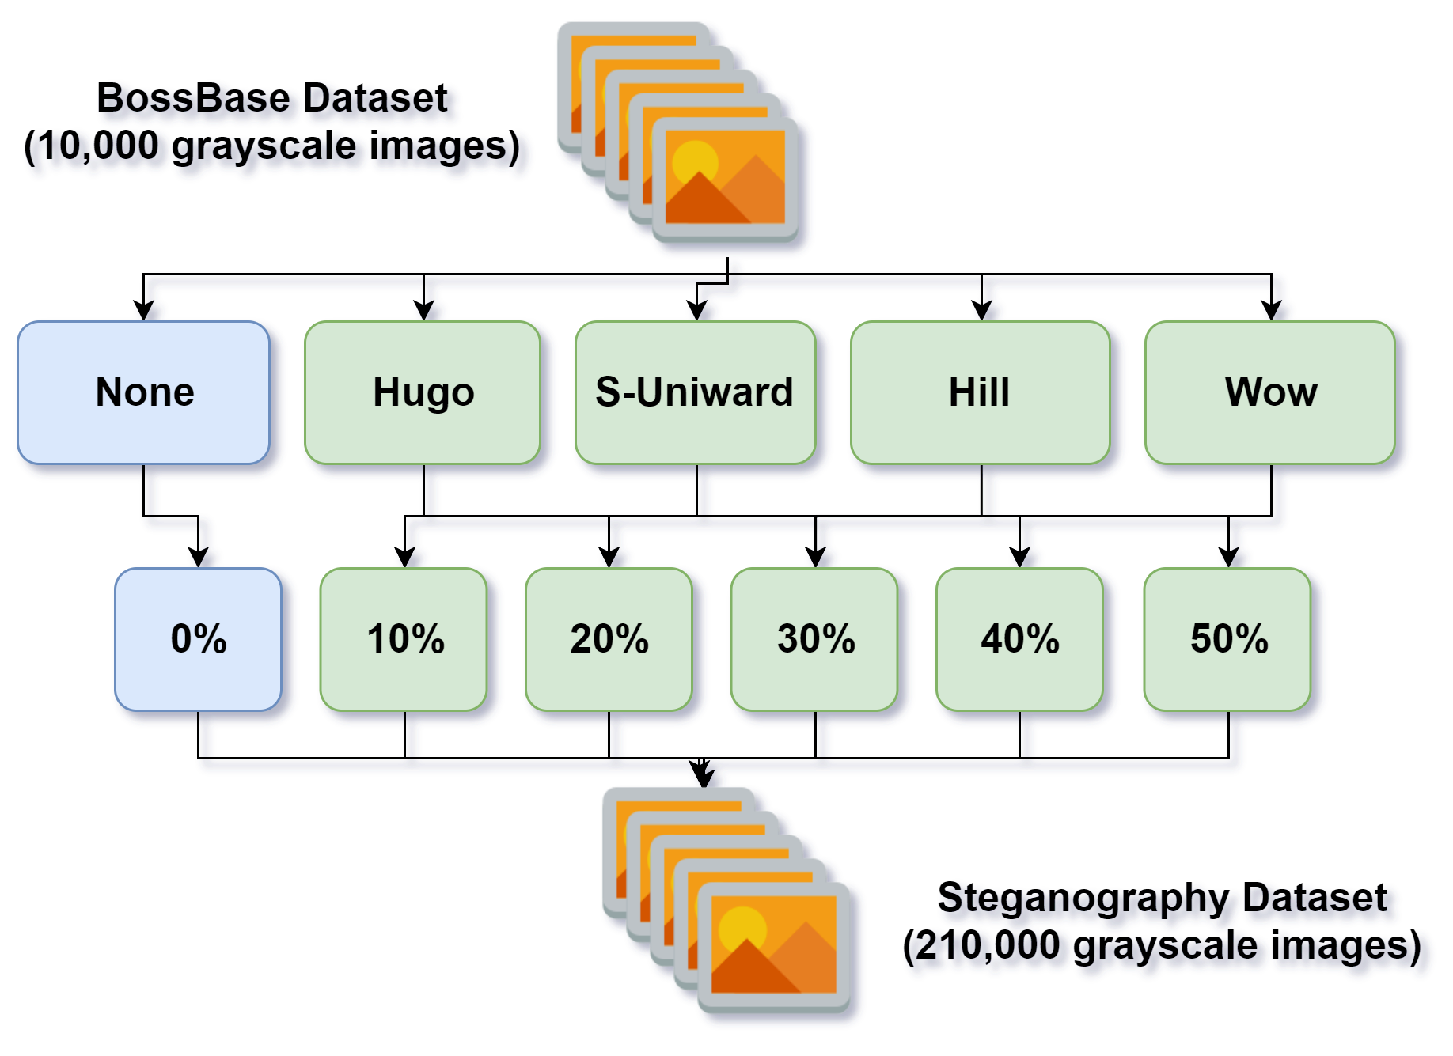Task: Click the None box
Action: click(144, 392)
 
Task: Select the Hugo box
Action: click(423, 392)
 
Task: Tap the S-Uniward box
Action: click(695, 392)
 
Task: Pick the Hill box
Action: click(980, 392)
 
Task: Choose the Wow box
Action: click(1270, 392)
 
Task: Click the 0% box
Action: click(198, 639)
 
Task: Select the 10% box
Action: click(404, 639)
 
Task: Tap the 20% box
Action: click(609, 639)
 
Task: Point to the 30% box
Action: click(815, 639)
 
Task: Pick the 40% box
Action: click(1019, 639)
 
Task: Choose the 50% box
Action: click(1228, 639)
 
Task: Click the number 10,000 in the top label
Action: click(98, 147)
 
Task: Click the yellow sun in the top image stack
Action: click(694, 162)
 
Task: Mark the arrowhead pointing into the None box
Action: click(146, 313)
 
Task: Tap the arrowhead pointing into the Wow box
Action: click(1273, 313)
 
